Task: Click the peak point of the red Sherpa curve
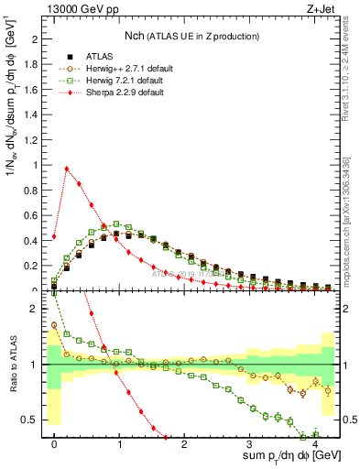point(67,169)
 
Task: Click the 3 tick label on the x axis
point(250,444)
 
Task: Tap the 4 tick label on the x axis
point(315,444)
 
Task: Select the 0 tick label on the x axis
point(55,444)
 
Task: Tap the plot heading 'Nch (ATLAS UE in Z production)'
point(191,36)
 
